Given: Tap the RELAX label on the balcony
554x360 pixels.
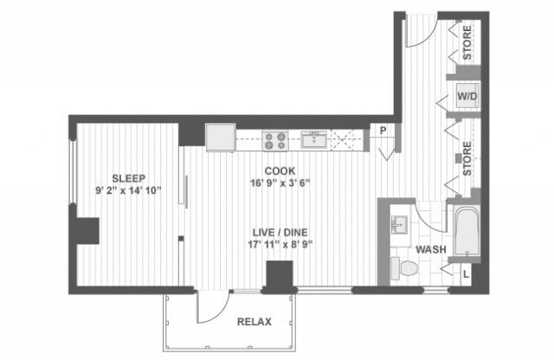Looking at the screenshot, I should click(254, 322).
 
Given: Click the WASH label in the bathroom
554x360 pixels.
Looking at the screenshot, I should click(430, 249).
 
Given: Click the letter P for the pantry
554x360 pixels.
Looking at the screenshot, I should click(381, 132).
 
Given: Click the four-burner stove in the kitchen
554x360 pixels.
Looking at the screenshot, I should click(276, 138).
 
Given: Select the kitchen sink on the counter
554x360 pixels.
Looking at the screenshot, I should click(312, 138).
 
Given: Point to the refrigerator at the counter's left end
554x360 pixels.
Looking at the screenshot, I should click(220, 138).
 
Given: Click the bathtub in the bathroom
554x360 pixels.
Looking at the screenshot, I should click(463, 231).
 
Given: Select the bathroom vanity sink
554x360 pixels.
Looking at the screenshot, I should click(399, 223).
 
